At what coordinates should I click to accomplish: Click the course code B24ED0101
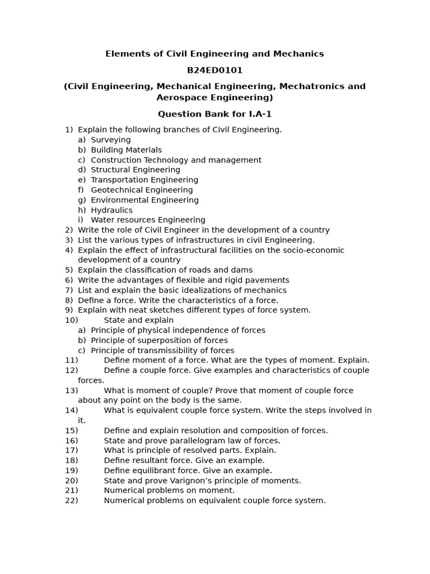pos(214,70)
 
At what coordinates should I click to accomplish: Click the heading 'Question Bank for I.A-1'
pos(214,114)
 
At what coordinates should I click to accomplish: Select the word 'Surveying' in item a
pos(111,140)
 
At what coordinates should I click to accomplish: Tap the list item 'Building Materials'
pos(126,150)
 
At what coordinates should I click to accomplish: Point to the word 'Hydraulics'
pos(111,210)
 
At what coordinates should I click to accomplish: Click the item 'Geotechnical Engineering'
pos(142,190)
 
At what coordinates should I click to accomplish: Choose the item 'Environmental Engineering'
pos(144,200)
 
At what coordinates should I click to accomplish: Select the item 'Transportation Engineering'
pos(144,180)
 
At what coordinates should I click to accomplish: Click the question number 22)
pos(72,501)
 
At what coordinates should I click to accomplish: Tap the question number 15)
pos(72,430)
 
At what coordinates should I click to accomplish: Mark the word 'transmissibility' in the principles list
pos(166,350)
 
